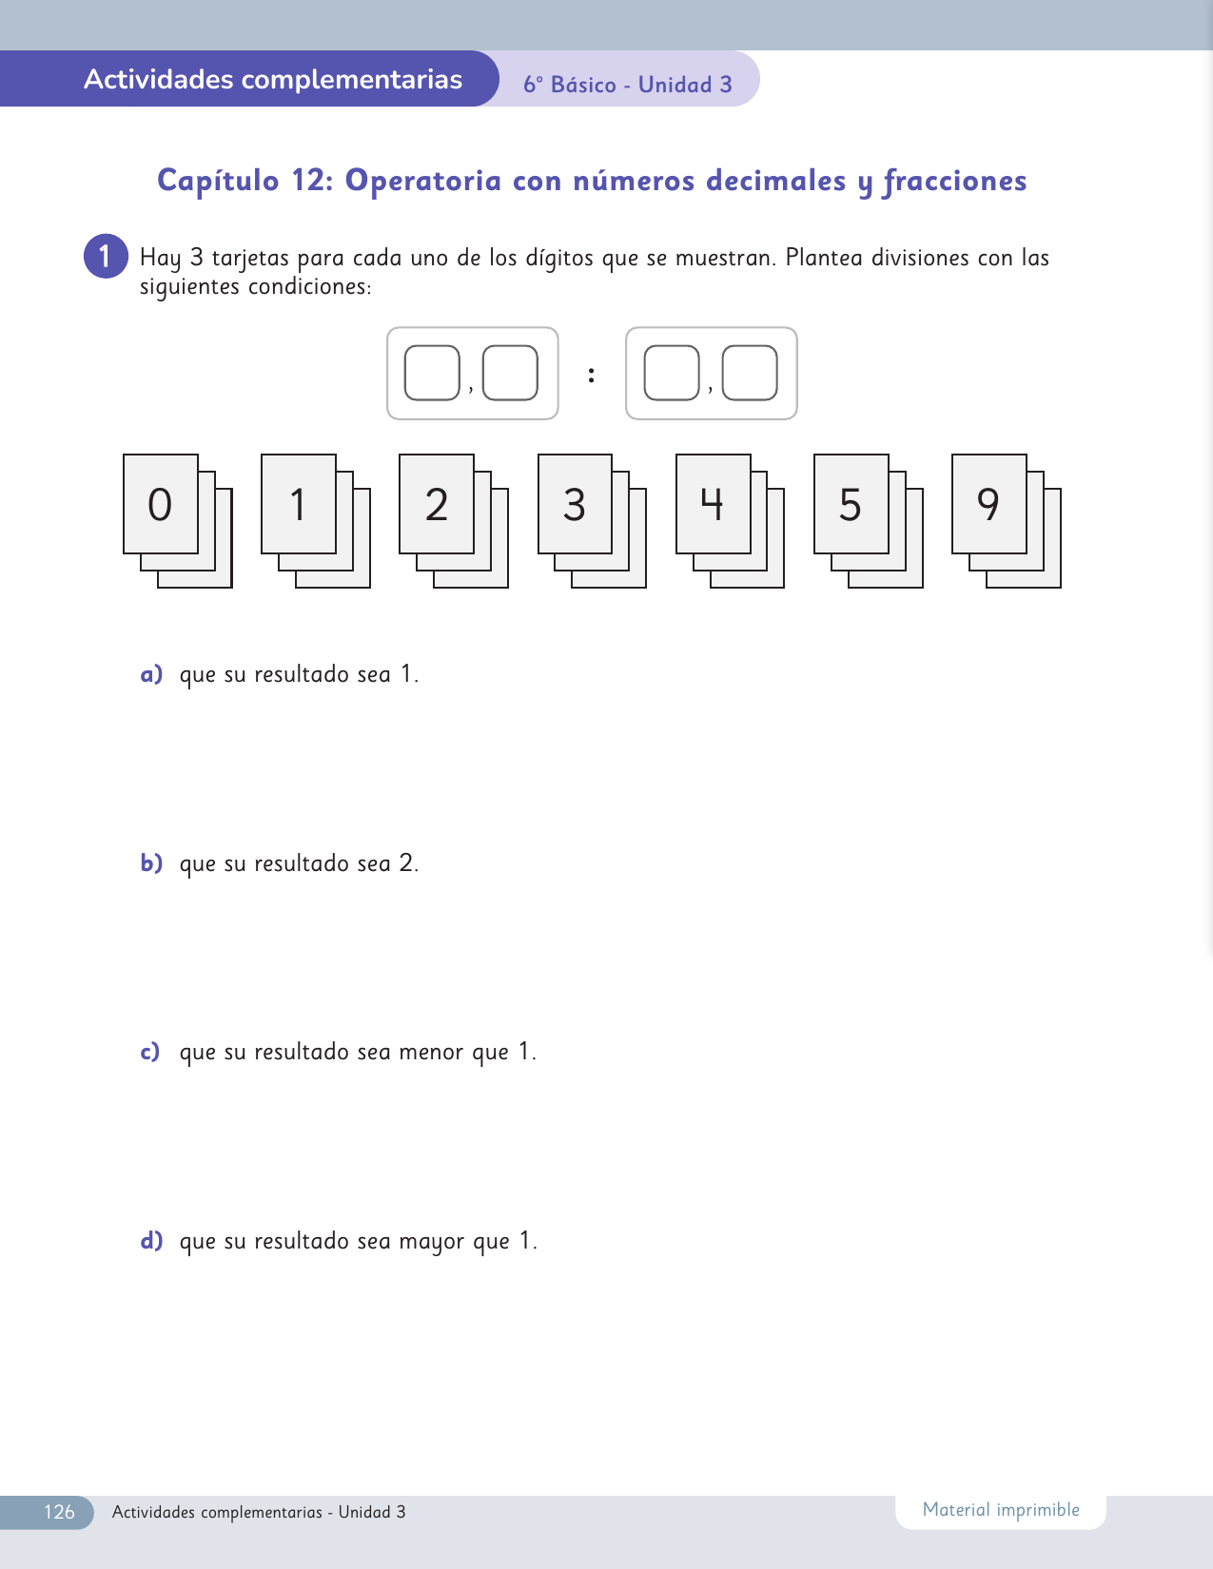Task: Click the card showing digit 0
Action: [161, 504]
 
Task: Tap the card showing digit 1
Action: [299, 504]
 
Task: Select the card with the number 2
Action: [437, 504]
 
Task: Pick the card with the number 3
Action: [575, 504]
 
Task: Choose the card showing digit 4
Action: [714, 504]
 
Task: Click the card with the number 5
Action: [851, 504]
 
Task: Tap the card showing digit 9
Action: [989, 504]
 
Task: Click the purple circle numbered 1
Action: [106, 257]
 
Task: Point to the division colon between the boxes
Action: [591, 374]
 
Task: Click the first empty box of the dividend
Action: [432, 373]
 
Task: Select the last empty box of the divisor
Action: [750, 373]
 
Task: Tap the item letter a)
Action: [151, 674]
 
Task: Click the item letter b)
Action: [151, 862]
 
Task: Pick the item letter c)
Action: [149, 1052]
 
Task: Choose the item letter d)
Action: [151, 1241]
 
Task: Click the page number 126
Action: [59, 1512]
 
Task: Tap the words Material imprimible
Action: [1001, 1510]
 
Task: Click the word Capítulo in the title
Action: [218, 181]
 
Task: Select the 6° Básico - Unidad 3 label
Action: [628, 85]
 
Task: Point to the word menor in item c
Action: [432, 1052]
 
